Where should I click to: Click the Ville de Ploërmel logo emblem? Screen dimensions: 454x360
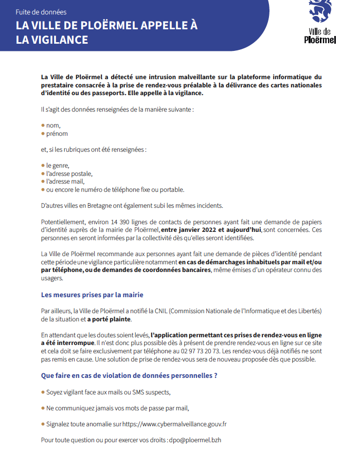pos(319,12)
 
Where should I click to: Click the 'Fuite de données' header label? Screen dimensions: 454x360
pos(41,12)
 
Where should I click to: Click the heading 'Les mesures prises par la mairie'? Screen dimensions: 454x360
pos(92,295)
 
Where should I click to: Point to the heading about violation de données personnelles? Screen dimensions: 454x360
pos(129,375)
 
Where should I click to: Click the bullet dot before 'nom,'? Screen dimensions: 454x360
pos(43,125)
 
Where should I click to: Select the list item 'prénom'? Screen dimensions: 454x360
pos(57,134)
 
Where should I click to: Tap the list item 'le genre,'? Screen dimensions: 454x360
pos(57,166)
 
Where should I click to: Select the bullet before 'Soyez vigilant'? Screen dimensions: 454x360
pos(43,392)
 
